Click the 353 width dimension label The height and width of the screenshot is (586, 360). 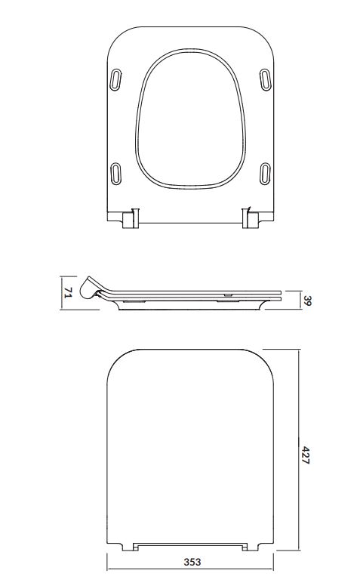pyautogui.click(x=192, y=562)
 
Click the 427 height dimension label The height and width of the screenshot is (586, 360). pyautogui.click(x=306, y=455)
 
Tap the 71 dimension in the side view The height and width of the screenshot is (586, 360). pyautogui.click(x=68, y=293)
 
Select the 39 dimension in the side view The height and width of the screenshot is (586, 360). pyautogui.click(x=307, y=300)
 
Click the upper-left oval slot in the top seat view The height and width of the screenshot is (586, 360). pyautogui.click(x=115, y=79)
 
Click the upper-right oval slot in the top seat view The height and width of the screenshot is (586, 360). pyautogui.click(x=265, y=79)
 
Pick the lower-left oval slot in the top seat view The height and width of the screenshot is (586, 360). pyautogui.click(x=116, y=174)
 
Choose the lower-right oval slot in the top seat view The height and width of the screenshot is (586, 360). pyautogui.click(x=265, y=174)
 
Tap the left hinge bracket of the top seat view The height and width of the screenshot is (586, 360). pyautogui.click(x=131, y=218)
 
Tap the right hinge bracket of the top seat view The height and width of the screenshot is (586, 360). pyautogui.click(x=251, y=218)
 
